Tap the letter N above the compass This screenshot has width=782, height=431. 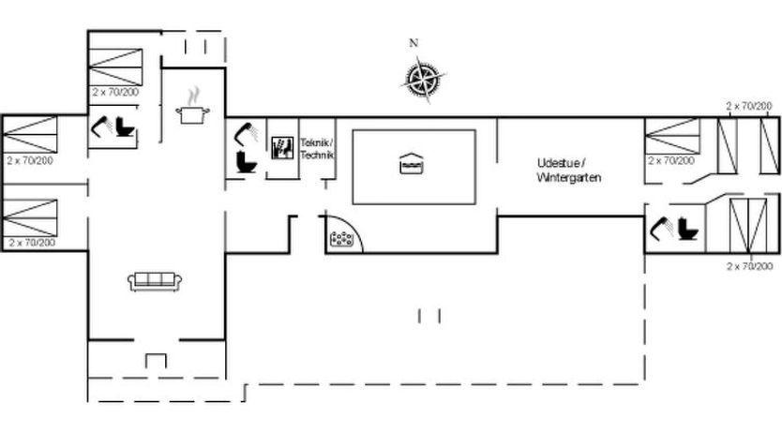(414, 43)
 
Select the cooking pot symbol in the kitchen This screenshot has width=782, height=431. (192, 114)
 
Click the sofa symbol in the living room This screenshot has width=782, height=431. (155, 281)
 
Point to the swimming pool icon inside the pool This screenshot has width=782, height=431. (412, 163)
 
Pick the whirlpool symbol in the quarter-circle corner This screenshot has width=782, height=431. (341, 239)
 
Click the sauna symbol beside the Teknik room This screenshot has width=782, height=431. (282, 147)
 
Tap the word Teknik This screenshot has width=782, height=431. (316, 142)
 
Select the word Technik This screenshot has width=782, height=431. (317, 155)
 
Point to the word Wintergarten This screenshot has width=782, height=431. (569, 177)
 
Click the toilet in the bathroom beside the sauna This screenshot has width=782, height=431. (246, 161)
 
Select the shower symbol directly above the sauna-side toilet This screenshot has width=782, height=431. (247, 132)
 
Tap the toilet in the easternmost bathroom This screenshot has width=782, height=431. (688, 229)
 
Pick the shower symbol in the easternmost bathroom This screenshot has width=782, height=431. (661, 229)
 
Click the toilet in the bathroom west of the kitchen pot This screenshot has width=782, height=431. (126, 126)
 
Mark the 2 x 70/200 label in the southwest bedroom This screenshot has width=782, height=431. (32, 243)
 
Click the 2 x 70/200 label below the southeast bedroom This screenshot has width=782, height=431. (749, 267)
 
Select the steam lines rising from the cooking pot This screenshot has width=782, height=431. (193, 97)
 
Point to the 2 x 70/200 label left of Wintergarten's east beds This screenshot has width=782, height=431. (671, 160)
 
